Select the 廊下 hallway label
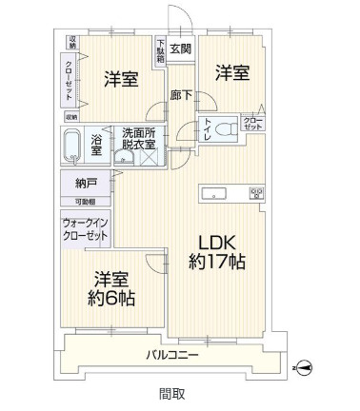click(x=181, y=94)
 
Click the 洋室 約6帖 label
click(x=113, y=289)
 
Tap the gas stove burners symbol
click(x=255, y=194)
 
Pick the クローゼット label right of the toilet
click(x=254, y=123)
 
